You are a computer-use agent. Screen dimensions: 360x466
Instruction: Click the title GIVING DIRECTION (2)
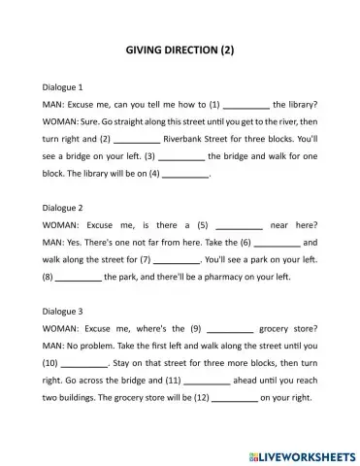[180, 49]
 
